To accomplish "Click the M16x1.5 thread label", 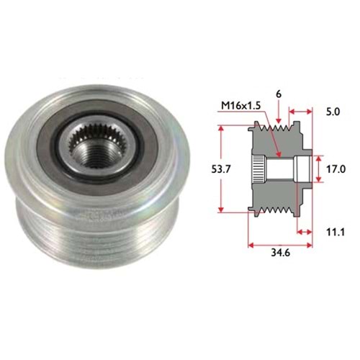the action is coord(240,106).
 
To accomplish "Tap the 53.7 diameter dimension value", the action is coord(221,169).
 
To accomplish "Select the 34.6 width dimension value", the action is coord(281,253).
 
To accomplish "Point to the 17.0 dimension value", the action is coord(336,169).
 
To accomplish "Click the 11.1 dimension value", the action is coord(336,232).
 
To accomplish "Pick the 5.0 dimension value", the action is coord(333,112).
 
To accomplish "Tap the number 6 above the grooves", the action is coord(279,94).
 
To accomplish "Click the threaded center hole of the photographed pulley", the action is coord(96,156).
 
